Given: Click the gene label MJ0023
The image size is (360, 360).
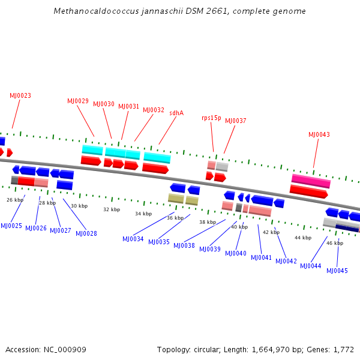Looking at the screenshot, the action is (20, 95).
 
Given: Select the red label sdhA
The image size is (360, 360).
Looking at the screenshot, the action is (176, 113).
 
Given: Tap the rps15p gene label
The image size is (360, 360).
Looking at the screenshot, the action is (211, 118).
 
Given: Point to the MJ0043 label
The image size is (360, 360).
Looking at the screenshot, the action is (319, 134).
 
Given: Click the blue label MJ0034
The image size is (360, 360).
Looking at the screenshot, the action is (133, 239).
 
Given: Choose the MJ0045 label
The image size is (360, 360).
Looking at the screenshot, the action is (337, 271).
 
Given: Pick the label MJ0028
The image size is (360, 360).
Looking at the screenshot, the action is (86, 233).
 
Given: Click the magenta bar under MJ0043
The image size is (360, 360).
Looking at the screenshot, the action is (311, 181).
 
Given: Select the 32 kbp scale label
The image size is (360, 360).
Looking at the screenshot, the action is (112, 209).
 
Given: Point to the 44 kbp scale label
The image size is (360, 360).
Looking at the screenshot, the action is (303, 238).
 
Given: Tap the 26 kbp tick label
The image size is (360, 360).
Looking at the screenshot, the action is (15, 200).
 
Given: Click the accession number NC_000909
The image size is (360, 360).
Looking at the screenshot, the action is (65, 350).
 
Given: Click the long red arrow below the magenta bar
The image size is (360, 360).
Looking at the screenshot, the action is (308, 192).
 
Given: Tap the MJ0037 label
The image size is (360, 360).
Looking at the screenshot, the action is (236, 121).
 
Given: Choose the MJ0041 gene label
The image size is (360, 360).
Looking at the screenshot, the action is (261, 257).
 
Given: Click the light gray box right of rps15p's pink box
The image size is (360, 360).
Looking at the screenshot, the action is (222, 166).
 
